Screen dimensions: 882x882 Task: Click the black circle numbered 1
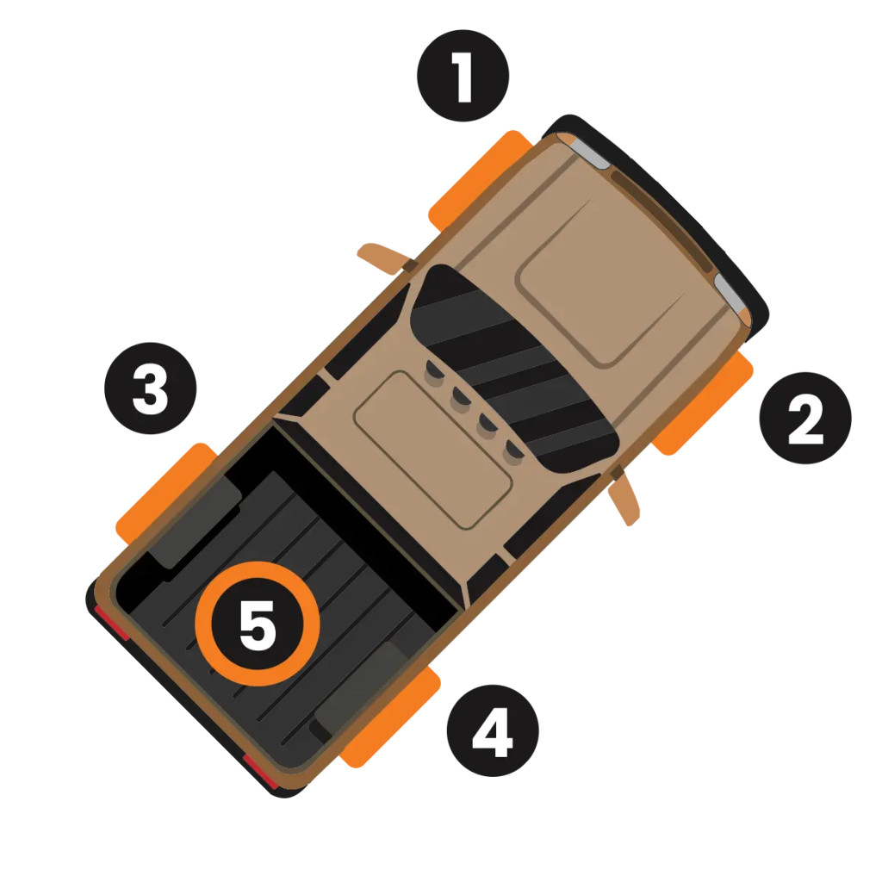point(463,76)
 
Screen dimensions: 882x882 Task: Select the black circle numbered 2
point(805,418)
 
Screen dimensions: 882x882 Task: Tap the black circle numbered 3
point(150,388)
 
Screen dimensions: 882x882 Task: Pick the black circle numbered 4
point(493,730)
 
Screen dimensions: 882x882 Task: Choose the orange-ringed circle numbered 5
point(257,624)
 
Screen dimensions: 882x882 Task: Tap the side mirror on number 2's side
point(625,495)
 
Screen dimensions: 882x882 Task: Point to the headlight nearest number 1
point(585,151)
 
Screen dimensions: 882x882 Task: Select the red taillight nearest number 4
point(261,772)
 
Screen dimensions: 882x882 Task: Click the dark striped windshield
point(515,369)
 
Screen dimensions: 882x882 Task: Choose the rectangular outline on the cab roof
point(433,450)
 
